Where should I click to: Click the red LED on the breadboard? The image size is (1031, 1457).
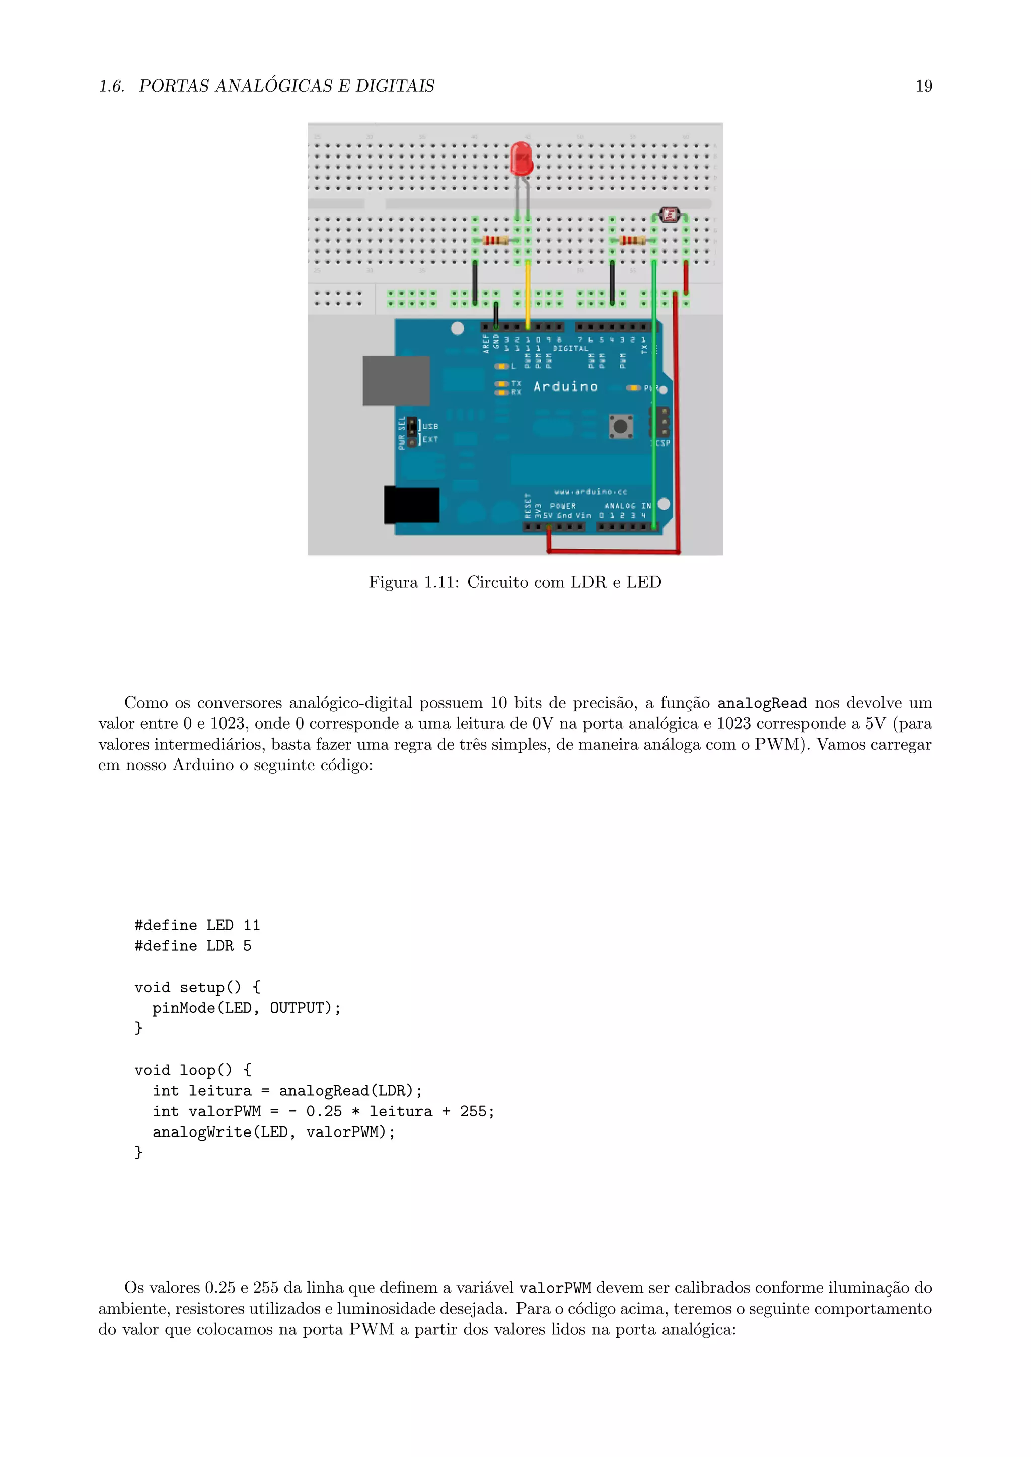coord(521,158)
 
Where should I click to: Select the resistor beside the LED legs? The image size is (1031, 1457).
coord(495,240)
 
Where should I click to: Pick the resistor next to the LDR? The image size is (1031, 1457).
coord(632,240)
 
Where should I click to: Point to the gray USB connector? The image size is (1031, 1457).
coord(396,380)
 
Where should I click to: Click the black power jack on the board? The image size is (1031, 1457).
coord(411,505)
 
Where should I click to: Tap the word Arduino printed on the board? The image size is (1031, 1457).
coord(565,386)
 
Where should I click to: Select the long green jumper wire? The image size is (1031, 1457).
coord(654,393)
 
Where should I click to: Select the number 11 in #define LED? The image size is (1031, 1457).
coord(251,925)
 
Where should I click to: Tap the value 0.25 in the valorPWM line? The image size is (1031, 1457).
coord(324,1112)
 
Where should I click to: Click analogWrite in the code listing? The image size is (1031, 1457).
coord(202,1132)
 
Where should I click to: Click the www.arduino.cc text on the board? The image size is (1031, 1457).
coord(591,491)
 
